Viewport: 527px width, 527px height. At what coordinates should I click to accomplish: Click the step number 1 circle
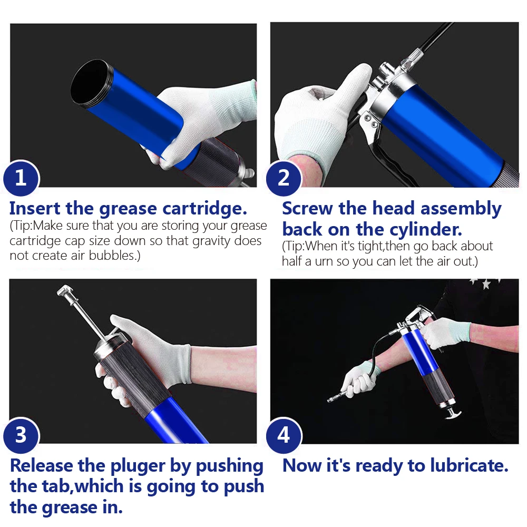tap(21, 178)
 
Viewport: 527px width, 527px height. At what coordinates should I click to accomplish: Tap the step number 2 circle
tap(284, 178)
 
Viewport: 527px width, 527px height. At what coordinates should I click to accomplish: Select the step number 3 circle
tap(21, 435)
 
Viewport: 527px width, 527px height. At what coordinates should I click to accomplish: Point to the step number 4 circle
tap(284, 435)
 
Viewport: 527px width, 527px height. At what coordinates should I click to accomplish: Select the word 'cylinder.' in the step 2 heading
tap(426, 230)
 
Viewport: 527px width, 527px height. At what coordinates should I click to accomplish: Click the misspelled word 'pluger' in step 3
tap(138, 466)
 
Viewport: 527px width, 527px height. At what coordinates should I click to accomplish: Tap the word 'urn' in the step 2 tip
tap(324, 262)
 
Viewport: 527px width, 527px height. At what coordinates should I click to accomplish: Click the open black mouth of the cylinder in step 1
tap(90, 84)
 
